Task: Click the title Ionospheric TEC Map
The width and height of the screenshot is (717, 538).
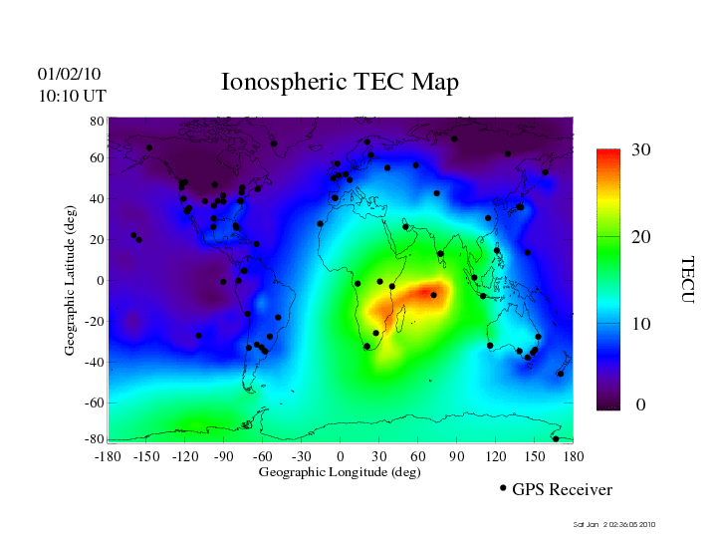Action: click(340, 83)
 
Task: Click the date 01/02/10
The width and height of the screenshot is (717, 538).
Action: click(69, 74)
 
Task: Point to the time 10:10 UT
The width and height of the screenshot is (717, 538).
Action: click(72, 96)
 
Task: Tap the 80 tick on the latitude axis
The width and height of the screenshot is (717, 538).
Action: click(98, 121)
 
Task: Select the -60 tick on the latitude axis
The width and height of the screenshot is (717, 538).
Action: click(95, 403)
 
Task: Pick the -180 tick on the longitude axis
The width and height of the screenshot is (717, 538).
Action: click(108, 456)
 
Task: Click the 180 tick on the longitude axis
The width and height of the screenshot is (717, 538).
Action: click(574, 456)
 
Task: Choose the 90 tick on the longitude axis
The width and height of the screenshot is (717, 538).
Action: click(457, 456)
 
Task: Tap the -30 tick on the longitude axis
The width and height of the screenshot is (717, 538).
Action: click(301, 456)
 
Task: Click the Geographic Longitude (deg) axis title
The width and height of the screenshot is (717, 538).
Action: click(340, 472)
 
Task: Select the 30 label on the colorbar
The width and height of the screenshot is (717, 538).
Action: click(641, 150)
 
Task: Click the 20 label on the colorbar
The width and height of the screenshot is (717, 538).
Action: click(641, 239)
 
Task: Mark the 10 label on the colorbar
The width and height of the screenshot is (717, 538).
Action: click(641, 325)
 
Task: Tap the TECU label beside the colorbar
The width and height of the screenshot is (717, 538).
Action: click(686, 279)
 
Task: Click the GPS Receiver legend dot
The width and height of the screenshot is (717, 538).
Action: click(503, 488)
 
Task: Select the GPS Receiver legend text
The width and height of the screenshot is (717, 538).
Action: click(562, 489)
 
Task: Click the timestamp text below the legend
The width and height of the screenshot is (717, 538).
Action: click(614, 524)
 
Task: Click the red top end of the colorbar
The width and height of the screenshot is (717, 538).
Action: click(608, 154)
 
